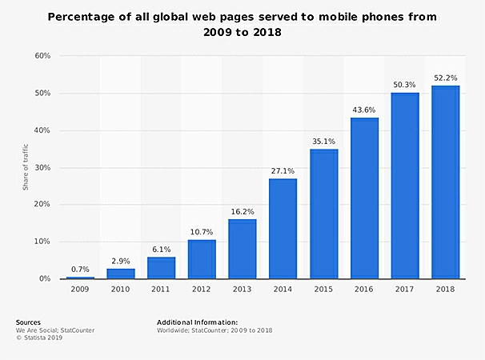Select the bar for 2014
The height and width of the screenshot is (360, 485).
click(x=283, y=229)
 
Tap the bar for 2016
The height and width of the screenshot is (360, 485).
click(x=364, y=198)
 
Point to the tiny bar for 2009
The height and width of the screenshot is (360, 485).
click(x=80, y=278)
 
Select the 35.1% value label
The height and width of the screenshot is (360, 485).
click(x=323, y=140)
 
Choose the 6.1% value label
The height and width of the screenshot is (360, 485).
click(x=161, y=249)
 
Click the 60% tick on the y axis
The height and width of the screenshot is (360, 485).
click(x=42, y=56)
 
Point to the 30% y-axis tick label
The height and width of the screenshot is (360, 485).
click(x=42, y=167)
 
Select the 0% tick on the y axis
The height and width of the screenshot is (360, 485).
click(x=45, y=278)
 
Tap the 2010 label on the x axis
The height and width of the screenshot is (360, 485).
click(x=120, y=290)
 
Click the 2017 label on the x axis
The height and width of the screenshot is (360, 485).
click(x=404, y=290)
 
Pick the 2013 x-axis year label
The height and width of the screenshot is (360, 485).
click(x=242, y=290)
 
